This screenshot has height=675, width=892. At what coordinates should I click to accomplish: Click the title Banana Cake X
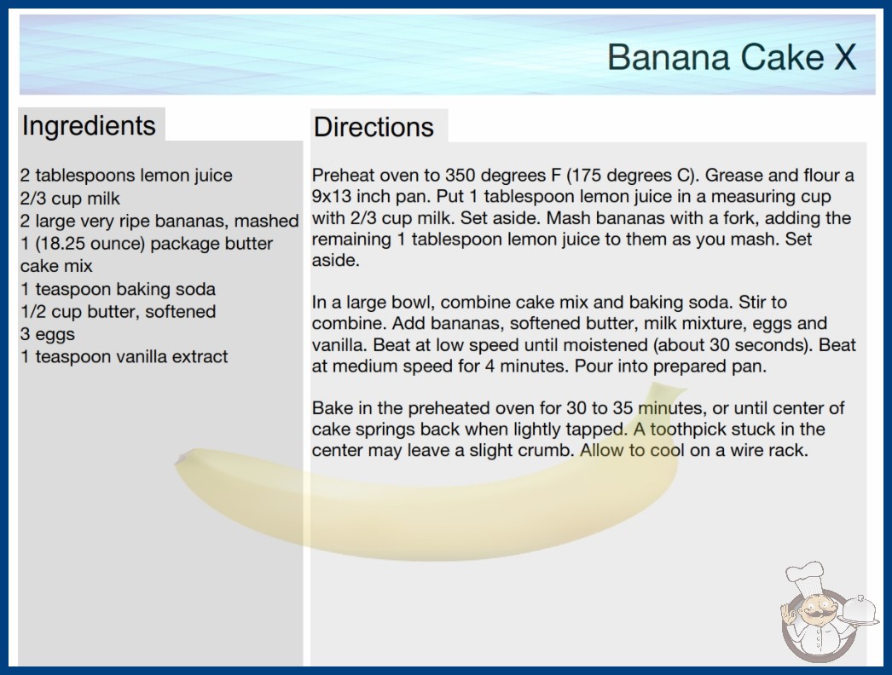732,57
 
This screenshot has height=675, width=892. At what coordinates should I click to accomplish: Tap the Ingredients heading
89,126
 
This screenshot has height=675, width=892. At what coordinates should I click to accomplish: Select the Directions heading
374,127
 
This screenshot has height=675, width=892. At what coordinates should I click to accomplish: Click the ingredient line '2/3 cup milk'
70,199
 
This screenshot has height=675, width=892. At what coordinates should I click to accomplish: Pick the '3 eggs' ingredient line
48,334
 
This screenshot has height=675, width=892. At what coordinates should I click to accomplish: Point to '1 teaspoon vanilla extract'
124,356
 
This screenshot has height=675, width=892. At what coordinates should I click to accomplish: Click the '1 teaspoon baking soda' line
119,289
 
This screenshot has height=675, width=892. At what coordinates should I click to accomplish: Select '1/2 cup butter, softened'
119,312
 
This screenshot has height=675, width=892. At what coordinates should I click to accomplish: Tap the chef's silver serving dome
858,610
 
